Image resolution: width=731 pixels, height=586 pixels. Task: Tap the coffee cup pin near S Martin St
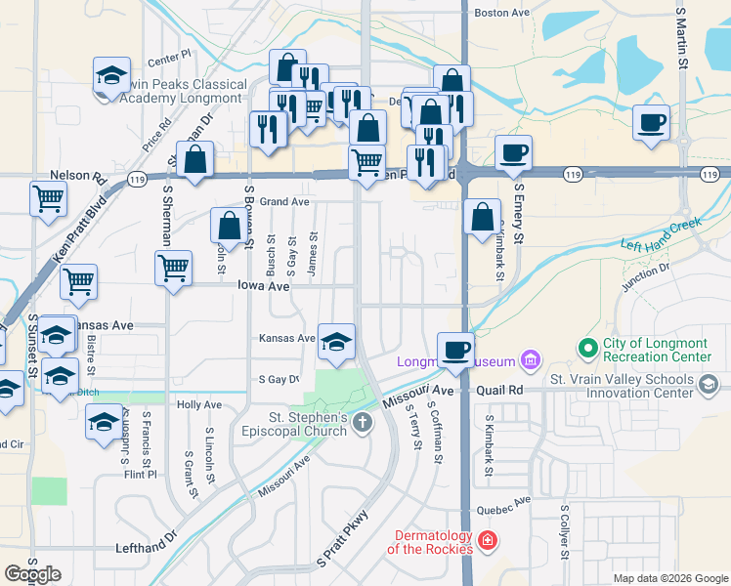tap(651, 124)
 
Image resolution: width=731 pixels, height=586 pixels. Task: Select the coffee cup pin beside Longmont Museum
tap(455, 351)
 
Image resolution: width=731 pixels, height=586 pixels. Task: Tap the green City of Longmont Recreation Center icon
tap(587, 348)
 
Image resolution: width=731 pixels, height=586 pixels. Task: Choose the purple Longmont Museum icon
tap(530, 361)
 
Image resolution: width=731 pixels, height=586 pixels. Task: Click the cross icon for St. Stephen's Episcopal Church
tap(363, 423)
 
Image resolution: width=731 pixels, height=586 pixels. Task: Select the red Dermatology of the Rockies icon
tap(487, 540)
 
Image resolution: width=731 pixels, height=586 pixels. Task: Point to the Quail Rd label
tap(500, 390)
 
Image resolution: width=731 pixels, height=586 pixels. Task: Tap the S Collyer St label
tap(565, 532)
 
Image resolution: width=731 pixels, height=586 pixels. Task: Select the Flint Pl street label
tap(140, 475)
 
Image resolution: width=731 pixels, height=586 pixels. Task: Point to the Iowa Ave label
tap(263, 286)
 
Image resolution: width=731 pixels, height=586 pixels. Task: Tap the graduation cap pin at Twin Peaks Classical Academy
tap(112, 77)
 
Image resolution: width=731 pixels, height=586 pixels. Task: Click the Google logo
tap(32, 574)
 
